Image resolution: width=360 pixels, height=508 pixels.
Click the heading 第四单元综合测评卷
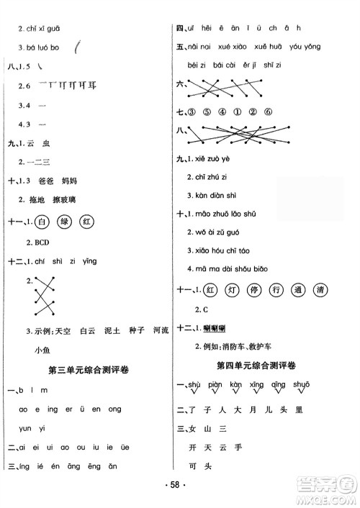[259, 366]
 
